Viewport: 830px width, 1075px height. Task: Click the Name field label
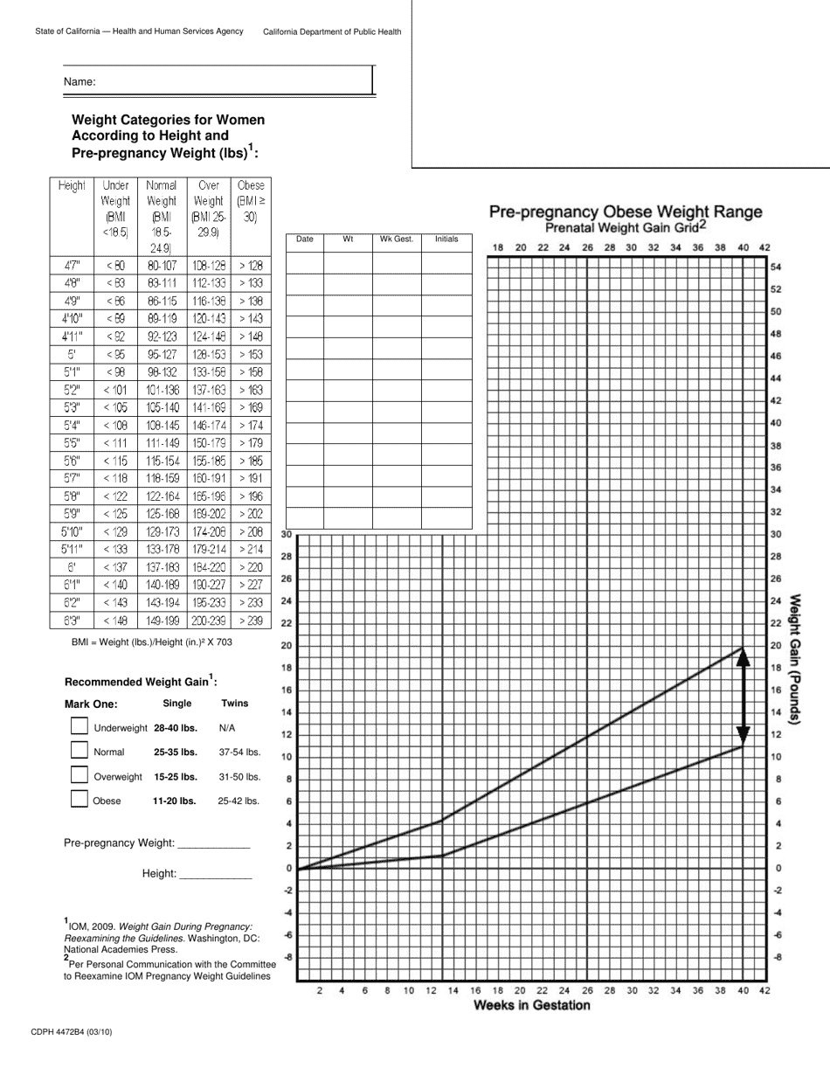point(79,82)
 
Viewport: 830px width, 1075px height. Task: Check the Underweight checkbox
point(80,726)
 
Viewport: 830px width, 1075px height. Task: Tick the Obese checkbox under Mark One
point(80,799)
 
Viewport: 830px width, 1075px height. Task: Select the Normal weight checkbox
point(80,751)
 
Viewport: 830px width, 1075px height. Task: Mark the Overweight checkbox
point(80,774)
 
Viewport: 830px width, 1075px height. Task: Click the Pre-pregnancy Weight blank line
point(213,844)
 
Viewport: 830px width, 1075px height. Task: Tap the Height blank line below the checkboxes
point(215,874)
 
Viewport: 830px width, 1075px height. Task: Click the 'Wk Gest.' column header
point(397,239)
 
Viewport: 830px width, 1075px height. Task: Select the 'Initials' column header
point(446,239)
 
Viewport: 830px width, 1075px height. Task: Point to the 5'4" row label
point(72,426)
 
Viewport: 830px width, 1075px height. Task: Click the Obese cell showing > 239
point(251,621)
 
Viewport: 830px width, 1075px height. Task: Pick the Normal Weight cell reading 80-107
point(162,266)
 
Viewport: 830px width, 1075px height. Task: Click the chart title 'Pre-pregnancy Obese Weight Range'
point(625,212)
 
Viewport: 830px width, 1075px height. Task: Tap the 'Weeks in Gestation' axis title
point(531,1006)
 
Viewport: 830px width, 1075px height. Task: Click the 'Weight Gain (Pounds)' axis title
point(796,659)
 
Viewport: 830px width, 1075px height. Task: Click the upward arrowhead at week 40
point(743,657)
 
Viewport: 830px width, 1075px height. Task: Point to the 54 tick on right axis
point(775,267)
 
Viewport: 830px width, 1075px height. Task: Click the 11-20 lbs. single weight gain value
point(175,800)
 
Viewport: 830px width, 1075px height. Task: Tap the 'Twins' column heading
point(235,703)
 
